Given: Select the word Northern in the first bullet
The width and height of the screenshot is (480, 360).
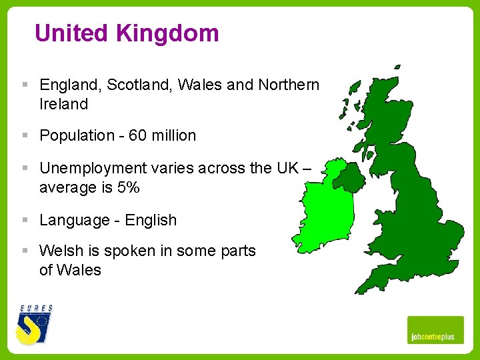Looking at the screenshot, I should [x=288, y=85].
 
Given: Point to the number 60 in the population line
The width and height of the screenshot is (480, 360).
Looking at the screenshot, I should [x=137, y=135].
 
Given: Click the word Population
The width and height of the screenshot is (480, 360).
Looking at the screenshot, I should [x=77, y=135].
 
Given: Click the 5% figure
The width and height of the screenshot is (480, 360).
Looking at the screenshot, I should [x=128, y=187].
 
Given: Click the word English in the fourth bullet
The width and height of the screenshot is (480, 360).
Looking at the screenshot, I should [x=151, y=220].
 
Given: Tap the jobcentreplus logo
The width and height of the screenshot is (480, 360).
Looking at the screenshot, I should [x=435, y=330].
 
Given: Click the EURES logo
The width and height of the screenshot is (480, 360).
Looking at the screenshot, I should [x=35, y=325].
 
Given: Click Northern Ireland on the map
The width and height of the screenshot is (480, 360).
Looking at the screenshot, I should [x=347, y=176].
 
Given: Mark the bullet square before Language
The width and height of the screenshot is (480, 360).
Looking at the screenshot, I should [x=25, y=219].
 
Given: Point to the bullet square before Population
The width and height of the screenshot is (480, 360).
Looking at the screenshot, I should [x=25, y=135].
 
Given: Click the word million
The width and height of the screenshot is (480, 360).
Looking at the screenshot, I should [x=174, y=135].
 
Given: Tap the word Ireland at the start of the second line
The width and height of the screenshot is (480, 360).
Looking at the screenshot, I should [x=64, y=104].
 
